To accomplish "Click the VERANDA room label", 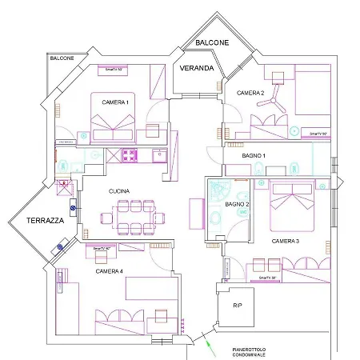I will tap(196, 68).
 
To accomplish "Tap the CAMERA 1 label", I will tap(115, 102).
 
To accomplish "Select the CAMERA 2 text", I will tap(250, 93).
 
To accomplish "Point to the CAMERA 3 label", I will tap(285, 240).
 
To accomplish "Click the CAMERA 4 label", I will tap(109, 271).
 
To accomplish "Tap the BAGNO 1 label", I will tap(254, 154).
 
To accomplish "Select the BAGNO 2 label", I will tap(238, 205).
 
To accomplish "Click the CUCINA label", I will tap(120, 191).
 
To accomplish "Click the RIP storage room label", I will tap(237, 306).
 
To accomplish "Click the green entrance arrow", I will tap(210, 346).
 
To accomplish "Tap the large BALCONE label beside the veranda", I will tap(211, 42).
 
